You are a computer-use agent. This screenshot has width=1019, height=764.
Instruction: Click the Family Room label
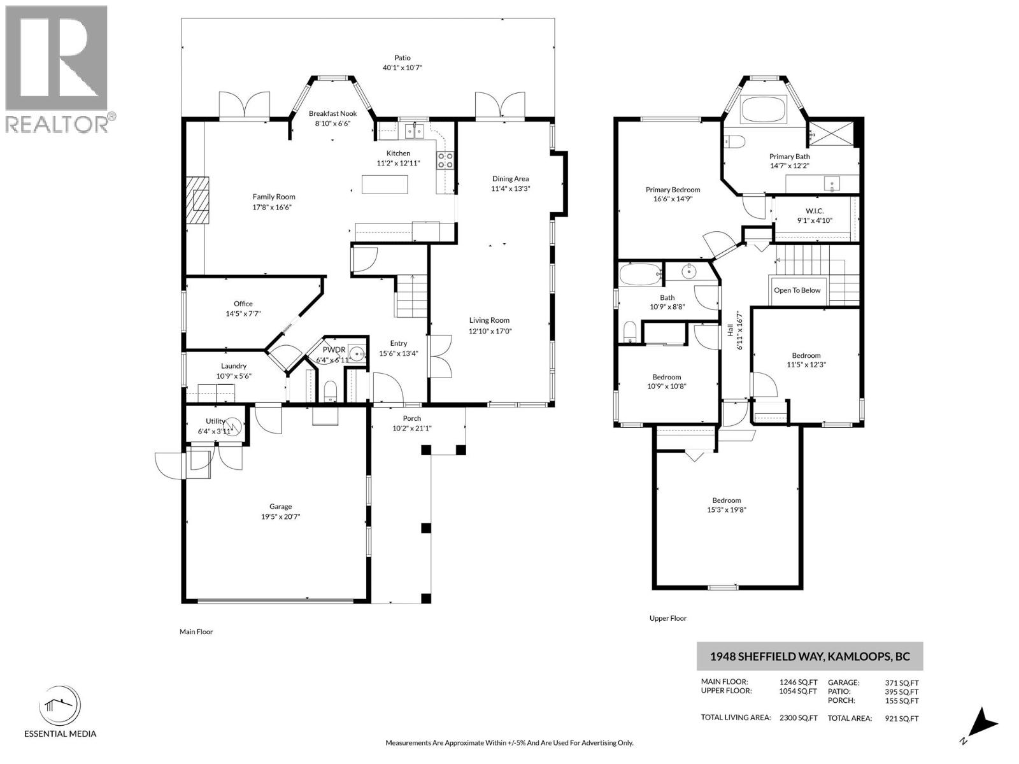(x=274, y=197)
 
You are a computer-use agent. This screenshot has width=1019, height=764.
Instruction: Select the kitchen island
(x=385, y=185)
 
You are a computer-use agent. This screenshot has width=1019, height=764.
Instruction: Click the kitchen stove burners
(x=445, y=160)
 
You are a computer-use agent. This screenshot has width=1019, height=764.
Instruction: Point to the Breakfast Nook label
(x=332, y=113)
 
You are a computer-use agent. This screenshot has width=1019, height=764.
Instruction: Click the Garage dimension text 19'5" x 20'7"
(x=280, y=517)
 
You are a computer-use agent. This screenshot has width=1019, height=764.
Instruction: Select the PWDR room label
(x=334, y=350)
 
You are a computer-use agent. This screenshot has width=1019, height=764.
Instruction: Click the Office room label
(x=243, y=304)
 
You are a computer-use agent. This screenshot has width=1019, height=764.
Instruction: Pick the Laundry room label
(x=233, y=366)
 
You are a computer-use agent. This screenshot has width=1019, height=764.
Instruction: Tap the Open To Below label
(x=797, y=290)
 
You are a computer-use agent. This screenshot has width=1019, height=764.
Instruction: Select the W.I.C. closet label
(x=815, y=211)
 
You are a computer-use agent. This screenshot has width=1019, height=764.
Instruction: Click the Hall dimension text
(x=739, y=330)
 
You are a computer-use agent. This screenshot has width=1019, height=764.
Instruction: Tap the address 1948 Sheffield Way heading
(x=809, y=656)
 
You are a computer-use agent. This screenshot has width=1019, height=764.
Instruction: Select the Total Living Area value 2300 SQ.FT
(x=798, y=718)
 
